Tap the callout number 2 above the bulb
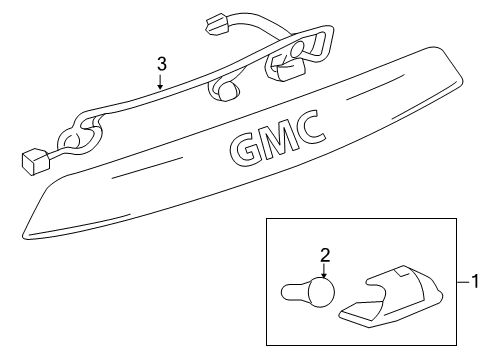(x=323, y=255)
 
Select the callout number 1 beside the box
(x=476, y=281)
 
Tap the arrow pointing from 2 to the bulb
(x=323, y=271)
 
